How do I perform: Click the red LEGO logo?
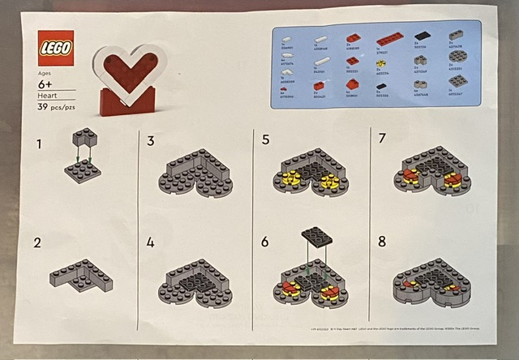(x=56, y=48)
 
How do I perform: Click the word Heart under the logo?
(x=49, y=94)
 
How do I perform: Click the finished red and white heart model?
(x=129, y=80)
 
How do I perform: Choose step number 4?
(x=151, y=242)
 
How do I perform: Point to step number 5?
(x=265, y=140)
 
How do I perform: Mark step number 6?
(x=265, y=242)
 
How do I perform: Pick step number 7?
(x=382, y=140)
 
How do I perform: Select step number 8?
(x=382, y=242)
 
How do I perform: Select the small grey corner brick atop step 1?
(x=80, y=137)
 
